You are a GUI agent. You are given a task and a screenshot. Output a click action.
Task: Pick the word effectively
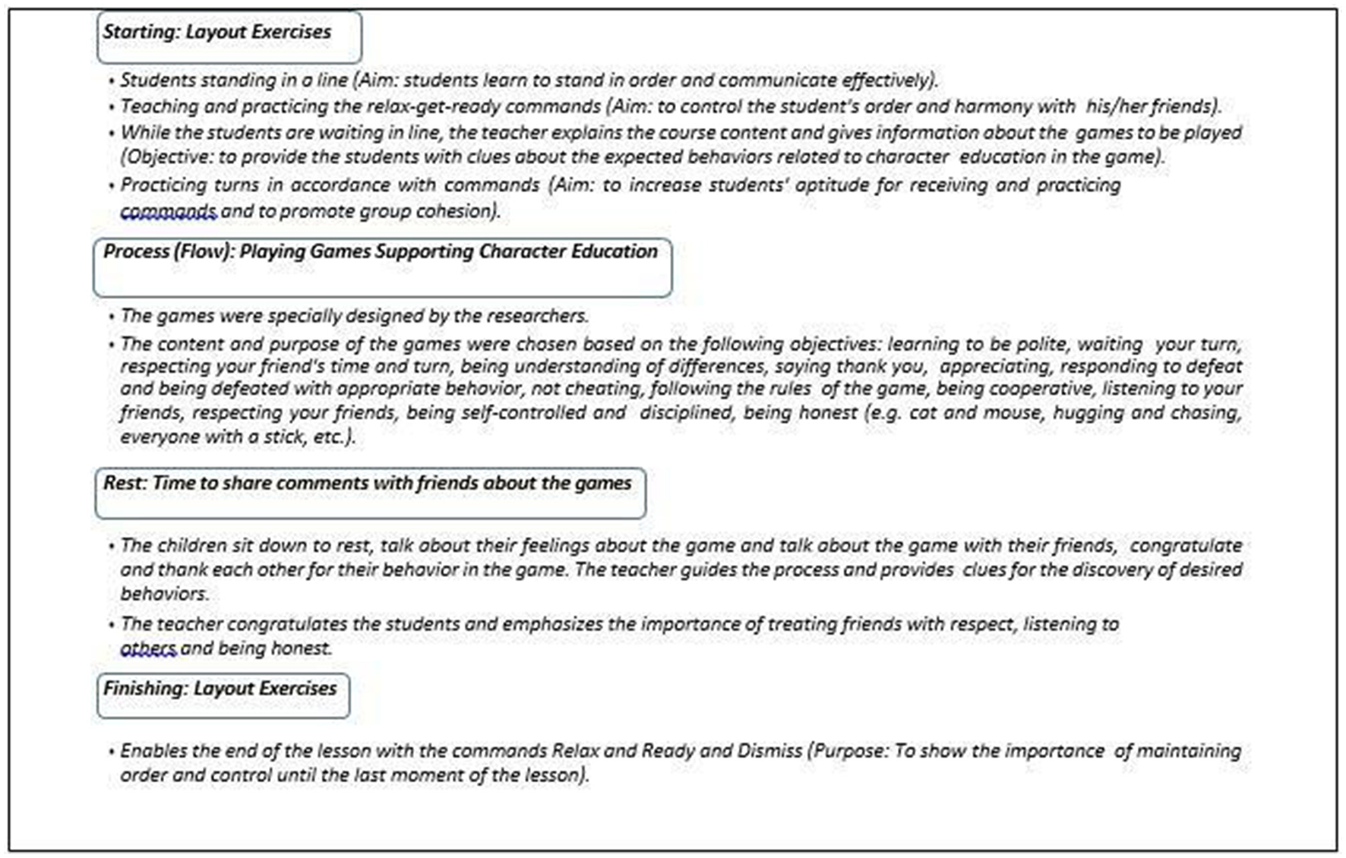click(889, 80)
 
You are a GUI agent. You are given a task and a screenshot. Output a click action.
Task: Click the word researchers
click(536, 316)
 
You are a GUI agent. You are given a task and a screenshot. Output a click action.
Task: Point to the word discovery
click(1108, 570)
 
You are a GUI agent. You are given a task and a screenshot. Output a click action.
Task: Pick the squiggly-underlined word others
click(148, 648)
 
